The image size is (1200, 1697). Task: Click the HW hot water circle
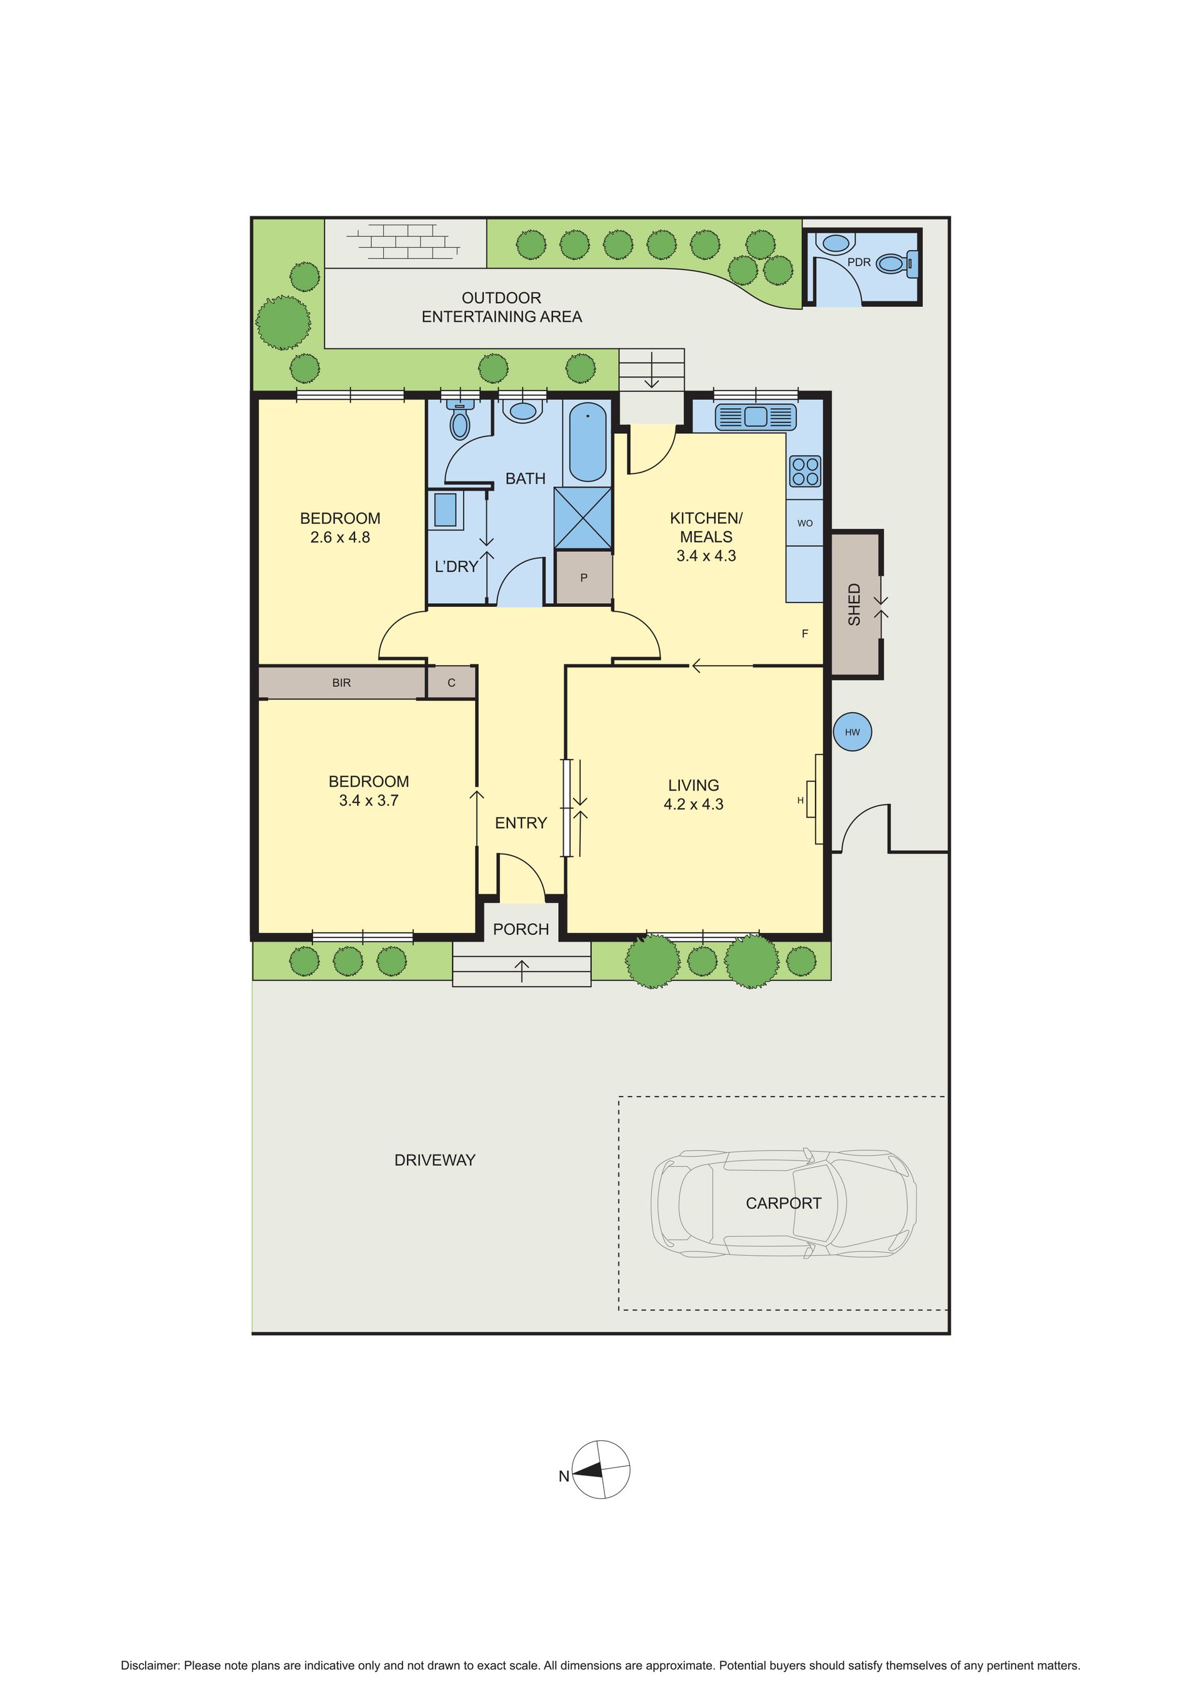tap(852, 732)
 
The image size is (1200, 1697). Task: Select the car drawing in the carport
tap(783, 1203)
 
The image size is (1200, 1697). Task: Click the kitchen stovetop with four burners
tap(804, 471)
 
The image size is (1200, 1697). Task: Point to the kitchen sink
tap(755, 417)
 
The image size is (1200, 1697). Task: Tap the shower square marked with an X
tap(583, 518)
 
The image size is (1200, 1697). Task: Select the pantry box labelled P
tap(584, 578)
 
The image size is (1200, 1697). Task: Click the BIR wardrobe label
tap(341, 683)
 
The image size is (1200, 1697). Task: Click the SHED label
tap(854, 604)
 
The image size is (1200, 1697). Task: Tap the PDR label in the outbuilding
tap(859, 263)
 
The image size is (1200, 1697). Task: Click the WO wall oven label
tap(804, 523)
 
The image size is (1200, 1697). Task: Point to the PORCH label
tap(521, 929)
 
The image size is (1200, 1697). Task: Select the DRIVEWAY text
tap(434, 1161)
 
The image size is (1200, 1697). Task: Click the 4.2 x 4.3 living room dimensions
tap(693, 804)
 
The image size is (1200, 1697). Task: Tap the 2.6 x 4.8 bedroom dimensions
tap(340, 538)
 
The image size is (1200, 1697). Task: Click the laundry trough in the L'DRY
tap(445, 510)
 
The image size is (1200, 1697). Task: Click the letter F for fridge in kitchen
tap(806, 633)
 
